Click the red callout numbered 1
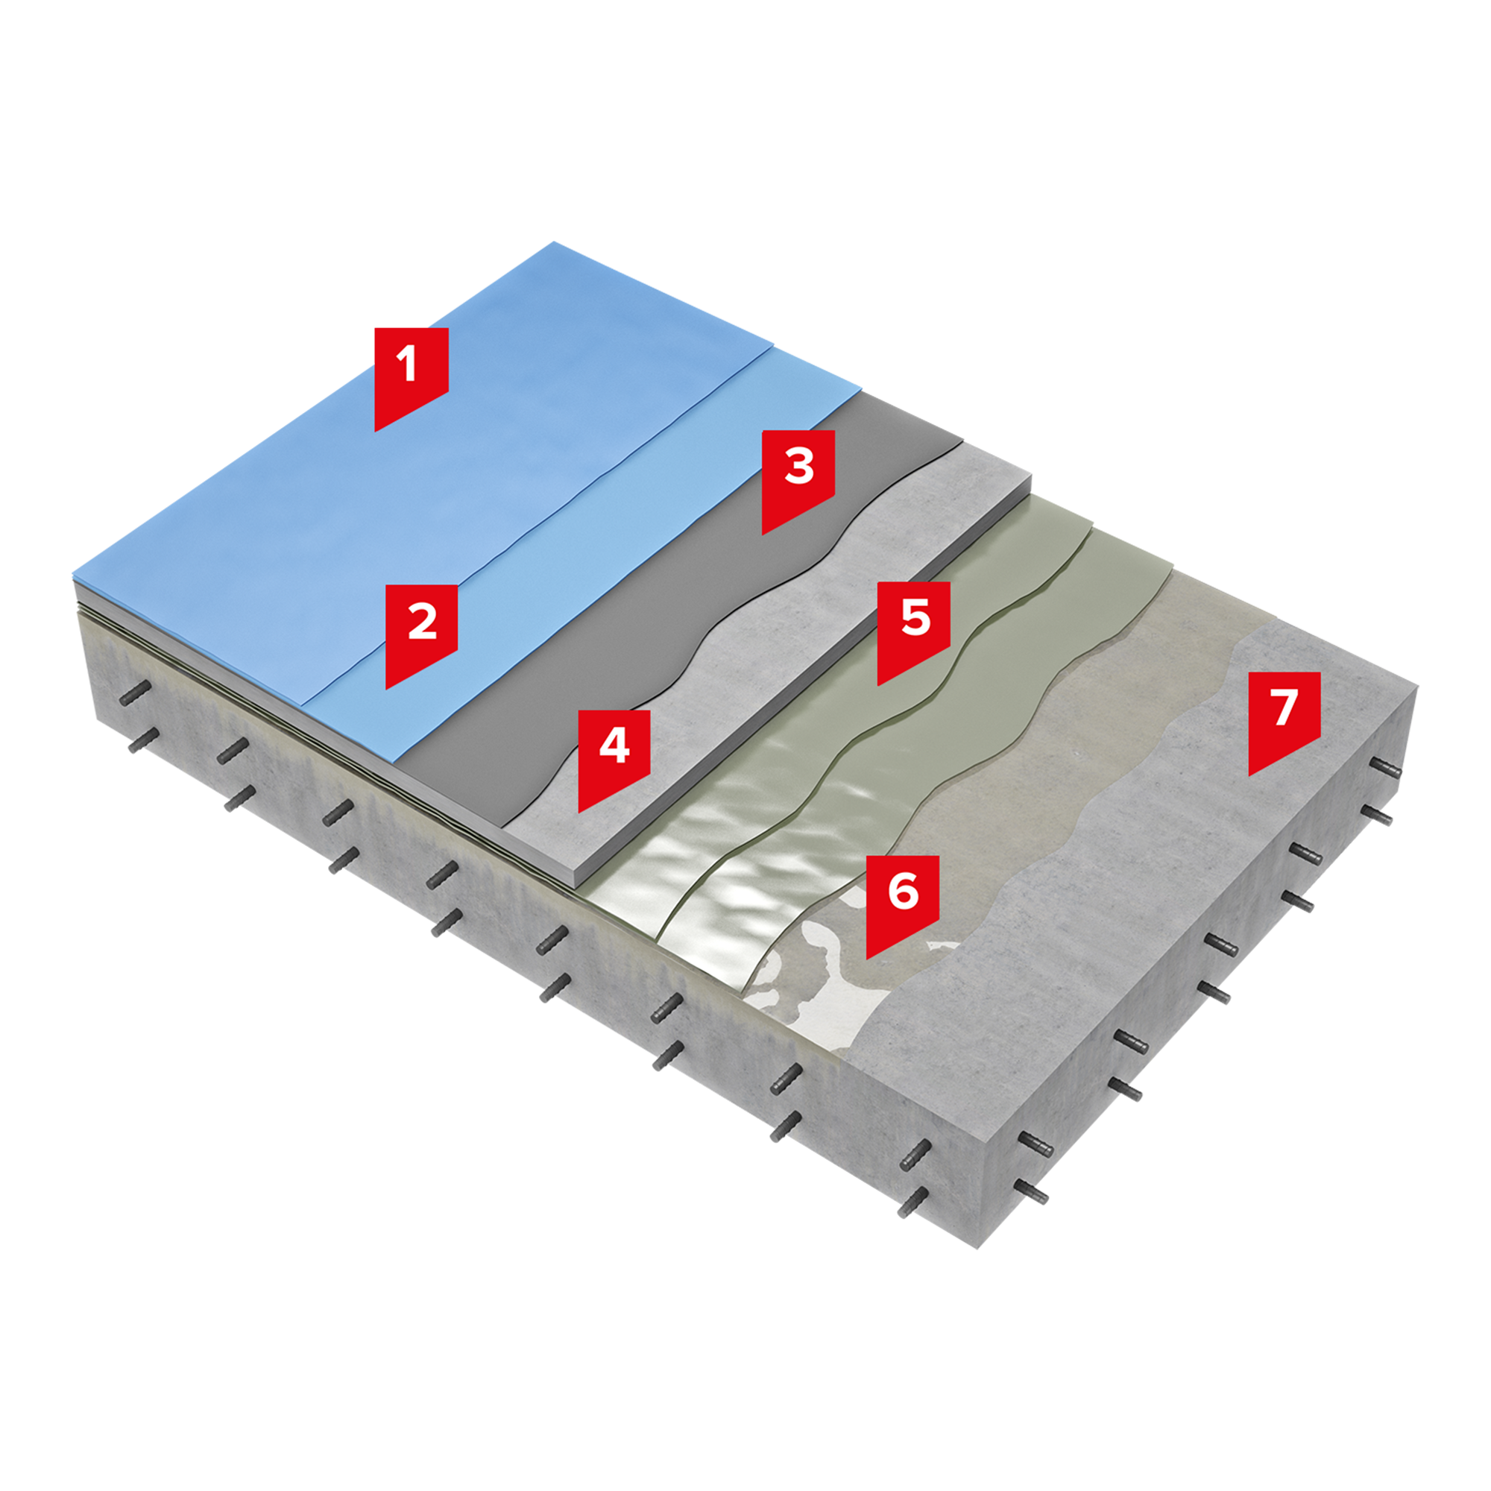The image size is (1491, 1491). tap(411, 371)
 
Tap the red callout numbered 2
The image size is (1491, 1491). tap(420, 629)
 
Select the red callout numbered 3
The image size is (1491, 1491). tap(798, 475)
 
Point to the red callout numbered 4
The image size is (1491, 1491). tap(614, 754)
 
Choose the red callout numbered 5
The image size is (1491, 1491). tap(914, 626)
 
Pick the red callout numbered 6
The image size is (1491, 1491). tap(902, 899)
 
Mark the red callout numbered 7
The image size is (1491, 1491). tap(1284, 716)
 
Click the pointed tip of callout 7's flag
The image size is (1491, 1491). tap(1249, 775)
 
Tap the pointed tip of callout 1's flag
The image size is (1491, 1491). tap(376, 431)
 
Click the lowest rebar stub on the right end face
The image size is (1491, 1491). tap(1033, 1192)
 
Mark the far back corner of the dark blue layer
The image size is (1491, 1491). tap(553, 243)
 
